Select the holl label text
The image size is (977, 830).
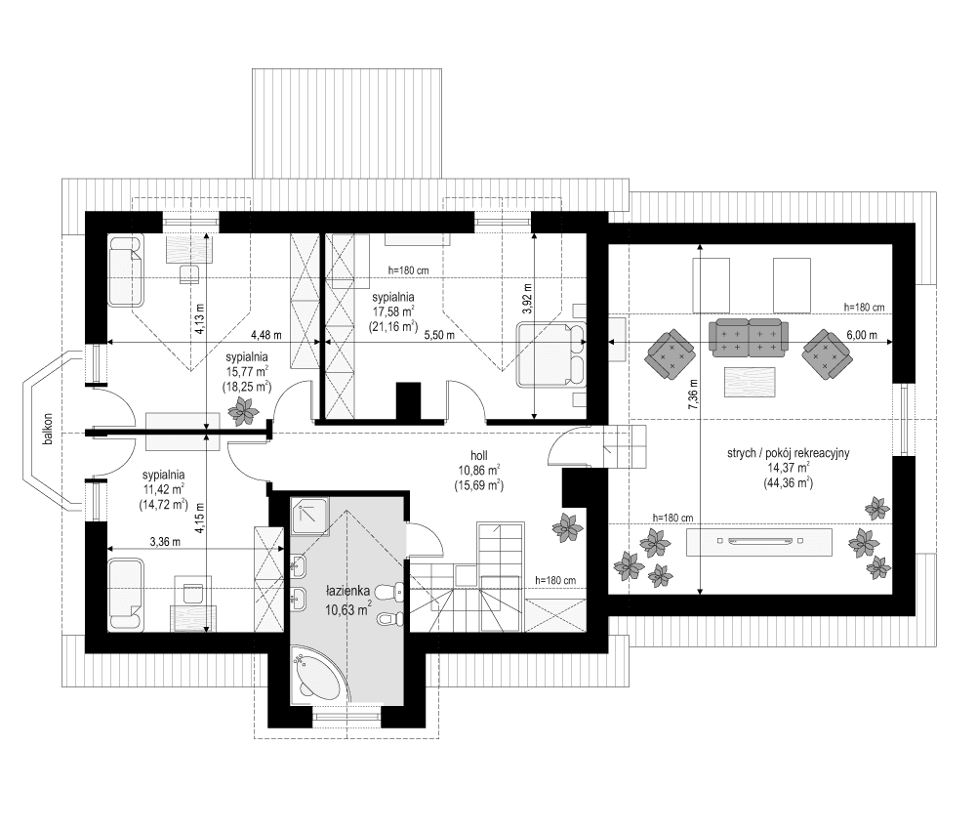click(478, 454)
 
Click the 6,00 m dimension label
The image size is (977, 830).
click(862, 335)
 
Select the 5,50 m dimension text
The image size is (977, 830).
click(439, 335)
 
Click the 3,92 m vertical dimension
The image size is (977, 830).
click(527, 301)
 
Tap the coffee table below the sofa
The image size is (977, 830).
click(750, 381)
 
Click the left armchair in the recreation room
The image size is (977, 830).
click(670, 353)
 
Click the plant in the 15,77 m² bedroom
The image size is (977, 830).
click(240, 415)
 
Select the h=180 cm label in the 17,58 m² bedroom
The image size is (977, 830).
click(408, 270)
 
